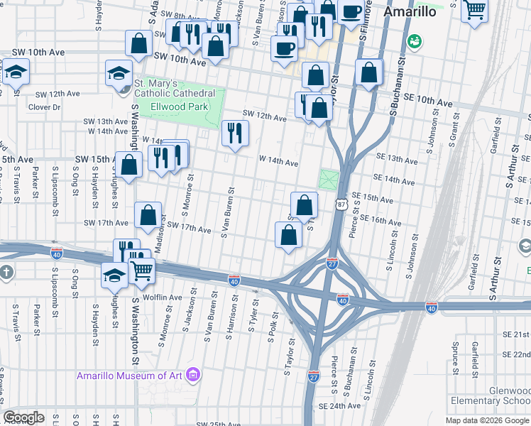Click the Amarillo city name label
tap(412, 12)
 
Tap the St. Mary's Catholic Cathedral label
tap(175, 88)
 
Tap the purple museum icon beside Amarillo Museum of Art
tap(192, 374)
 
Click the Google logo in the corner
tap(23, 417)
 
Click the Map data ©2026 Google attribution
tap(487, 420)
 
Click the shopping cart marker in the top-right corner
tap(474, 11)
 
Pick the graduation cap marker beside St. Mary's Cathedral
tap(119, 72)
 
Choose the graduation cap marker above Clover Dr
tap(16, 73)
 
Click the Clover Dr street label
tap(44, 108)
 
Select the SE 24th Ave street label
tap(339, 406)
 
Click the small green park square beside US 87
tap(329, 180)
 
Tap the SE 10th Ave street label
tap(429, 103)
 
